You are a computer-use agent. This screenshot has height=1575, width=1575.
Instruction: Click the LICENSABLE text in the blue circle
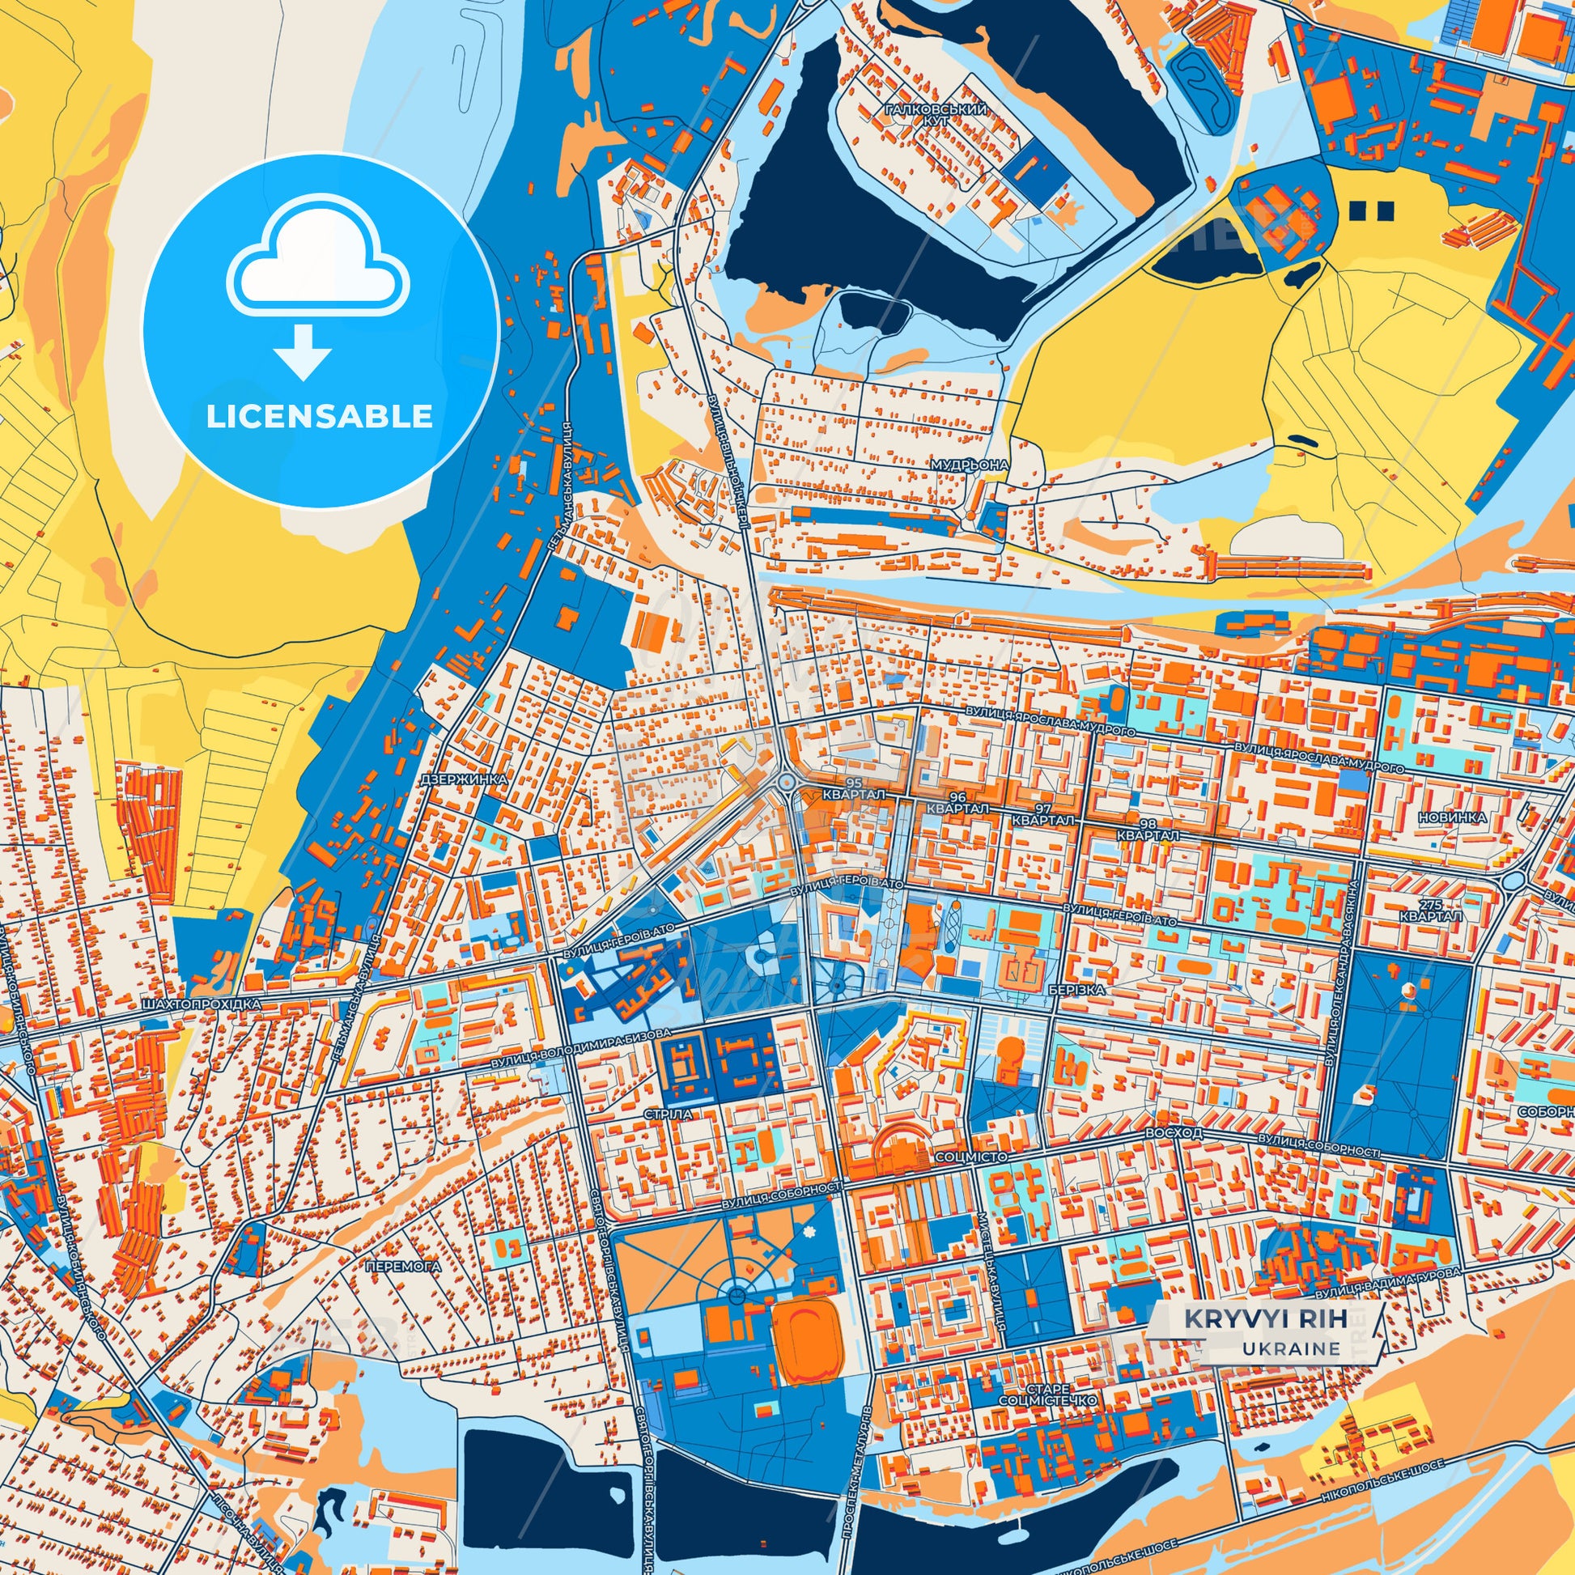pos(319,418)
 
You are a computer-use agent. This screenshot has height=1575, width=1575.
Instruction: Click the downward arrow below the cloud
pos(303,351)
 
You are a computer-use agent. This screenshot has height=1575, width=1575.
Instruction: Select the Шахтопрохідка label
pos(201,1006)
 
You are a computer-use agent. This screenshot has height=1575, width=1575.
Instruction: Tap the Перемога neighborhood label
pos(404,1267)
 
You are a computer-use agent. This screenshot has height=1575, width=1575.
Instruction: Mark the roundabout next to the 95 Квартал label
pos(787,782)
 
